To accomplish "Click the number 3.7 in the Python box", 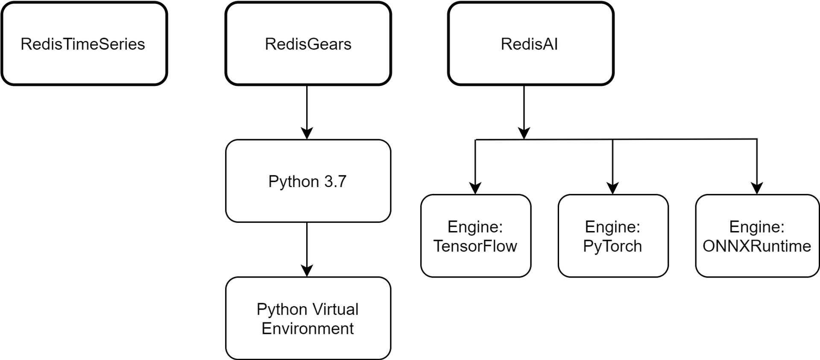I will (335, 181).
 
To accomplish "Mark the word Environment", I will (307, 328).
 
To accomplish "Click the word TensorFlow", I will (475, 246).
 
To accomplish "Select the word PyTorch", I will (612, 246).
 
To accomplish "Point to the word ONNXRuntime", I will (757, 246).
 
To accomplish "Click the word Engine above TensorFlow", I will (473, 227).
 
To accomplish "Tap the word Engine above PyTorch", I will (610, 227).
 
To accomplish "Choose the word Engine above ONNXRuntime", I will (754, 227).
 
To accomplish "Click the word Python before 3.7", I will (293, 181).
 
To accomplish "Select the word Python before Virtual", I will (282, 309).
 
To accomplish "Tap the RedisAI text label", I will (529, 44).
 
